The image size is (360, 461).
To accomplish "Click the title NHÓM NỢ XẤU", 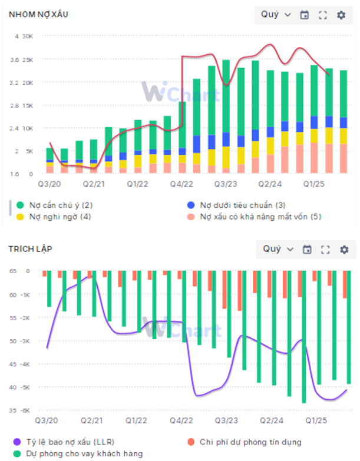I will [x=38, y=14].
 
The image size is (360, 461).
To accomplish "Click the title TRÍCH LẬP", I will [x=30, y=249].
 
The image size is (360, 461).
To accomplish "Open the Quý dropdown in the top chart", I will [x=276, y=15].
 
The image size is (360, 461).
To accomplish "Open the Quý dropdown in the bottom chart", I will [x=278, y=249].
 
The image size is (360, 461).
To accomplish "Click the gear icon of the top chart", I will [x=341, y=15].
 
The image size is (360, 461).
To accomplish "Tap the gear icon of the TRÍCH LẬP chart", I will [x=344, y=250].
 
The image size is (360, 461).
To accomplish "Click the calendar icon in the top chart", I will [x=304, y=15].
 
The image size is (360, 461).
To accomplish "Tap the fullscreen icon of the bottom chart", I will [x=325, y=250].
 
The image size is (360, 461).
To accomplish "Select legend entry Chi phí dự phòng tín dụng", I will [x=250, y=442].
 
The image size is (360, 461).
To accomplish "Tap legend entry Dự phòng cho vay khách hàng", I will [x=80, y=453].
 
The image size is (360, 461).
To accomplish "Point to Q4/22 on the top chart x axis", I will [x=181, y=184].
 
